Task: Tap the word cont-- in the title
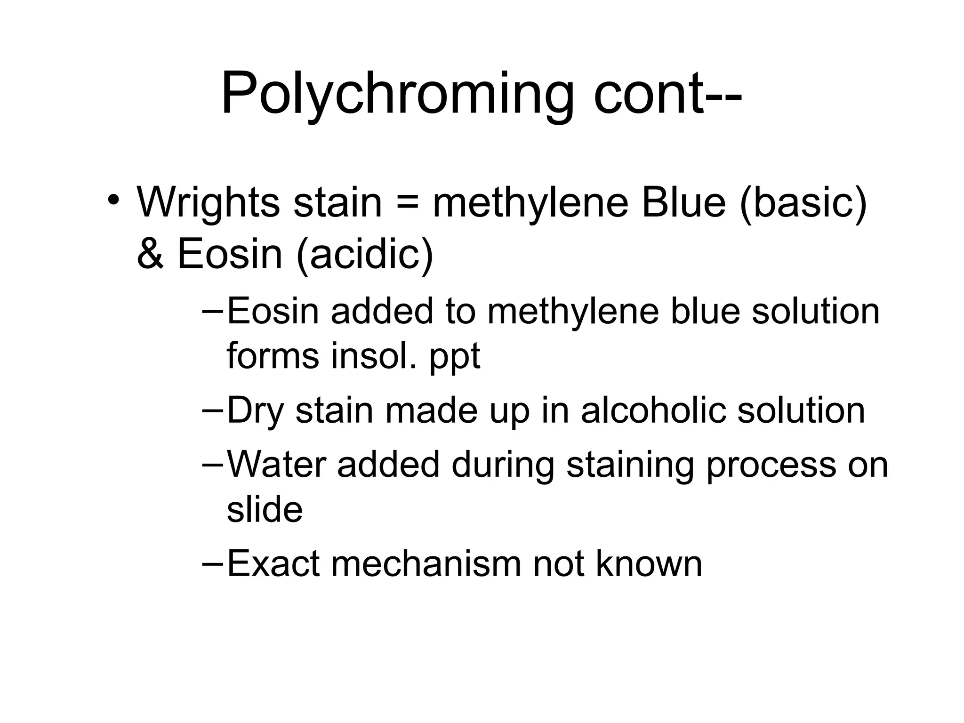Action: point(667,94)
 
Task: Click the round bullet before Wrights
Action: point(113,200)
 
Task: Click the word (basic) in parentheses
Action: point(803,203)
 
